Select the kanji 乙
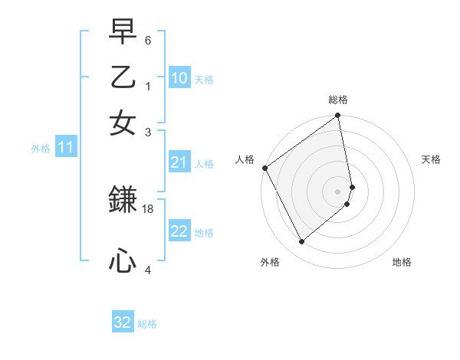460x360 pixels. (x=123, y=79)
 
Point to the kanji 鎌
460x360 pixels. (x=123, y=200)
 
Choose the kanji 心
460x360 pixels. (x=123, y=261)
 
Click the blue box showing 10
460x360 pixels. (x=179, y=78)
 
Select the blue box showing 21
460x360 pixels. (x=179, y=162)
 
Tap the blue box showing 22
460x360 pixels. (x=179, y=231)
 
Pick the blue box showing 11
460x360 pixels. (x=65, y=147)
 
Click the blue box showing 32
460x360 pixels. (x=123, y=322)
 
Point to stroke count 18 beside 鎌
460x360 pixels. (x=149, y=208)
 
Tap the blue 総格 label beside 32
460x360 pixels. (x=147, y=324)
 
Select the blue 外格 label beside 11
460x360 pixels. (x=41, y=149)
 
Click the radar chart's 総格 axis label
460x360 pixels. (x=338, y=100)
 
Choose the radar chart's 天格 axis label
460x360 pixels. (x=431, y=160)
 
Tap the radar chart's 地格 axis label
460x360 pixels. (x=402, y=263)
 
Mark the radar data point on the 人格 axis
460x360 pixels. (x=264, y=168)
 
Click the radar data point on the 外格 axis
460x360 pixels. (x=302, y=241)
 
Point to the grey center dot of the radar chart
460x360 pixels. (x=338, y=191)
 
